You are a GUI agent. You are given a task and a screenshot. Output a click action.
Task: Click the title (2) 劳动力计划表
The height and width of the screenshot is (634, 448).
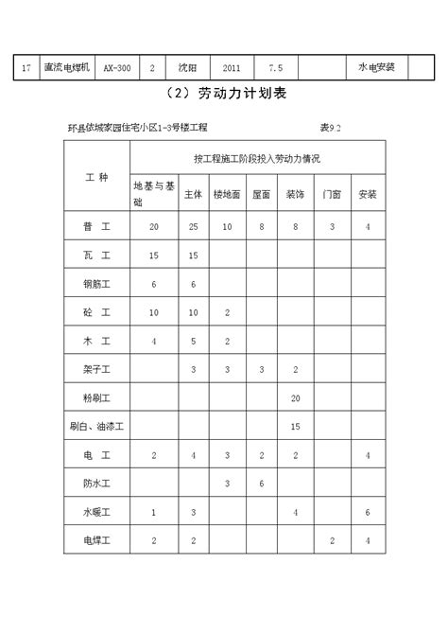coord(223,95)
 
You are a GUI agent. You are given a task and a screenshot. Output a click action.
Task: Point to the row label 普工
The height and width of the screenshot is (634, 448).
coord(96,227)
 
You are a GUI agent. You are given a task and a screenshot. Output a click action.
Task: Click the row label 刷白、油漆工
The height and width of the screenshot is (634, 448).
coord(96,427)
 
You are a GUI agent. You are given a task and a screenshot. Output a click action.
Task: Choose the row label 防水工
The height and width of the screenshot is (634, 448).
coord(96,484)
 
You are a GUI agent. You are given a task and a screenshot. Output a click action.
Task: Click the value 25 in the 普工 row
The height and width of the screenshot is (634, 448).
coord(194,227)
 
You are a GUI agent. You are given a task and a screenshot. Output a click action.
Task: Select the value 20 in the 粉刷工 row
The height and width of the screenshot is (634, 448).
coord(296,397)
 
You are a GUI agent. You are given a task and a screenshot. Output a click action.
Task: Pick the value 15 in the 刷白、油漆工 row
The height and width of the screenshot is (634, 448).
coord(296,427)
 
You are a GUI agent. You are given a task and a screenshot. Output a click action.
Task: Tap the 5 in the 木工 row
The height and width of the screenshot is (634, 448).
coord(194,341)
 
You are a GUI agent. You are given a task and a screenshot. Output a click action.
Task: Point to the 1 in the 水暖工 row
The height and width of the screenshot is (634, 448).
coord(154,512)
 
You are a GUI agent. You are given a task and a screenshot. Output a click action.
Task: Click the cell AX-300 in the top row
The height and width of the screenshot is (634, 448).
coord(117,68)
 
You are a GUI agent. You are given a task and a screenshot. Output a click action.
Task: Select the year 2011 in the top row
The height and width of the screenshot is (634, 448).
coord(231,68)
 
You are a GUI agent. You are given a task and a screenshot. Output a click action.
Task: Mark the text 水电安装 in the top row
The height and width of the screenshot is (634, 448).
coord(376,68)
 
